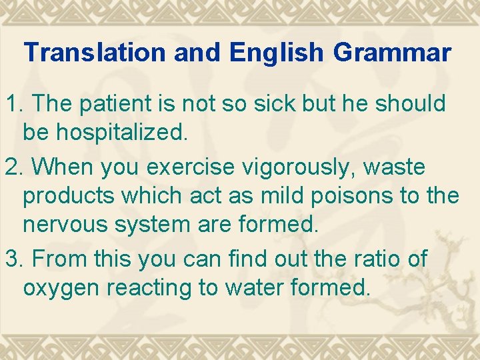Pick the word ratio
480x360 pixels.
click(x=380, y=258)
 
